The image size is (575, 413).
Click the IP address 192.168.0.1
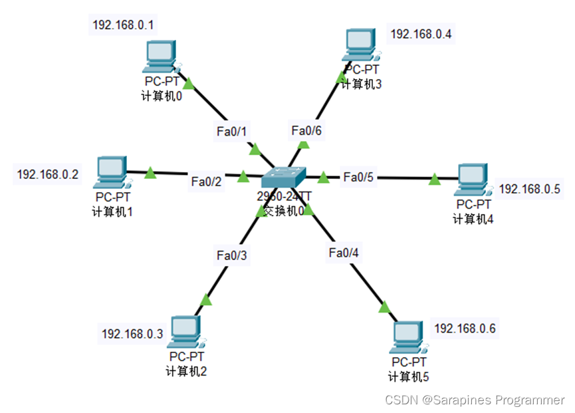pos(124,25)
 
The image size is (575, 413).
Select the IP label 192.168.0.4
pos(421,34)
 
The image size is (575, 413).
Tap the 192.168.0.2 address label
pos(48,174)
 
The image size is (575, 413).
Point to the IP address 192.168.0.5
pos(530,189)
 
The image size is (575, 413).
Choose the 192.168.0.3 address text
pos(132,333)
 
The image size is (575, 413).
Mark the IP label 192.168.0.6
pos(465,328)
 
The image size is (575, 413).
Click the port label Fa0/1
pos(232,131)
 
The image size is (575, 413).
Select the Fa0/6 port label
pos(306,131)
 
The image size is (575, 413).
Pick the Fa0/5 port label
pos(359,177)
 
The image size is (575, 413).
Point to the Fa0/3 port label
pos(231,255)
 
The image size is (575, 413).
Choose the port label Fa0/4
pos(343,252)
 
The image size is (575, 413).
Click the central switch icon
pos(284,177)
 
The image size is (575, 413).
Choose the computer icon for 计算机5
pos(408,338)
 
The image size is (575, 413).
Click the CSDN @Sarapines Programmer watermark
pos(475,400)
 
